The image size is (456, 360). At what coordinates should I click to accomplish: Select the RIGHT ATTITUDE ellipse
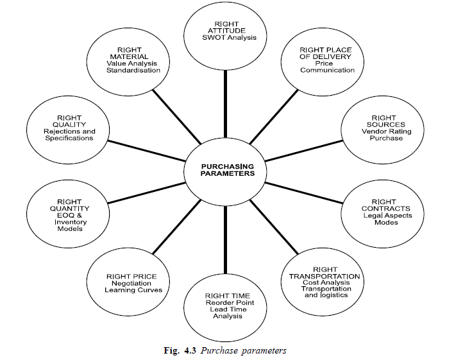coord(221,33)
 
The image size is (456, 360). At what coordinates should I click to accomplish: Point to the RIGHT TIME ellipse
coord(224,303)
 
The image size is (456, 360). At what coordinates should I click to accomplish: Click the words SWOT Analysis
coord(221,38)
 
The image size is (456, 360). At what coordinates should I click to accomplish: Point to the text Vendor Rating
coord(382,131)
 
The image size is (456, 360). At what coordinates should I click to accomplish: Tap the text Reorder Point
coord(224,302)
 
